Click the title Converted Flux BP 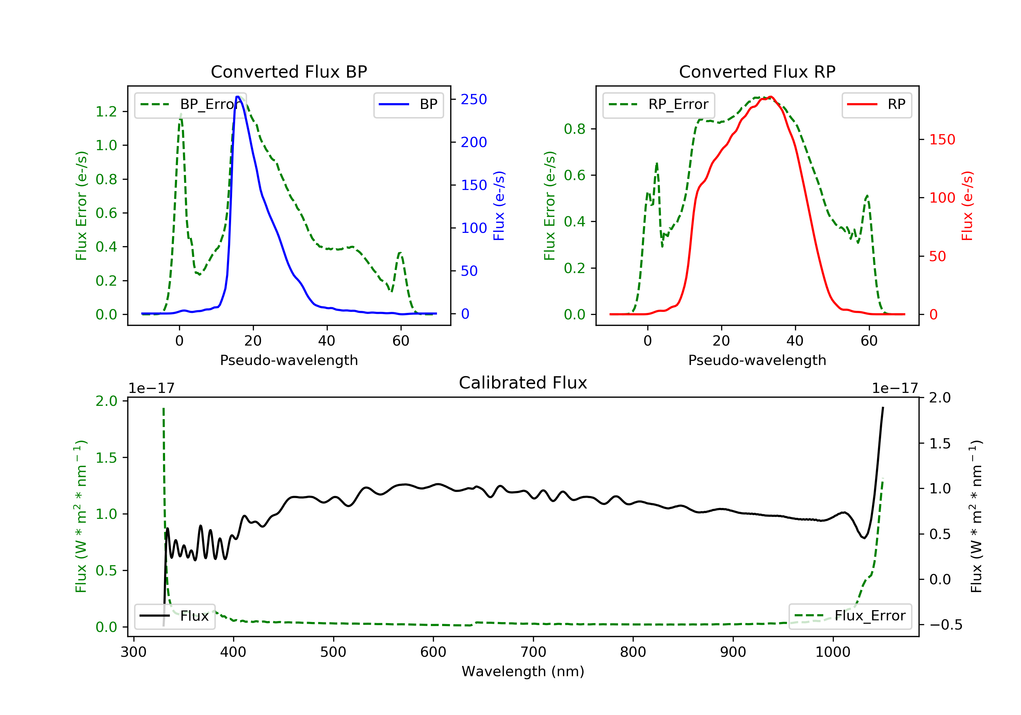click(x=289, y=71)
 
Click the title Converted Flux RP click(x=757, y=71)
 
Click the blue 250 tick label click(x=474, y=99)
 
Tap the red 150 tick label click(x=942, y=139)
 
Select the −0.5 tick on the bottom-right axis click(x=945, y=625)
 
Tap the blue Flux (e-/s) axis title click(x=499, y=206)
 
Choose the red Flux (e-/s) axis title click(x=967, y=206)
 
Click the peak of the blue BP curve click(x=238, y=97)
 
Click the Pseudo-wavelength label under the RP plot click(x=757, y=360)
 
